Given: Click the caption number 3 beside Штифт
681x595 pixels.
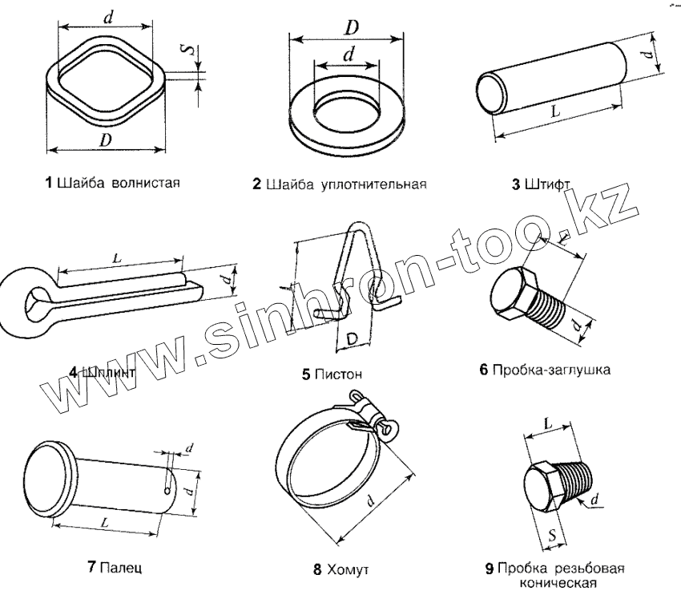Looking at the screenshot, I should tap(516, 184).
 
